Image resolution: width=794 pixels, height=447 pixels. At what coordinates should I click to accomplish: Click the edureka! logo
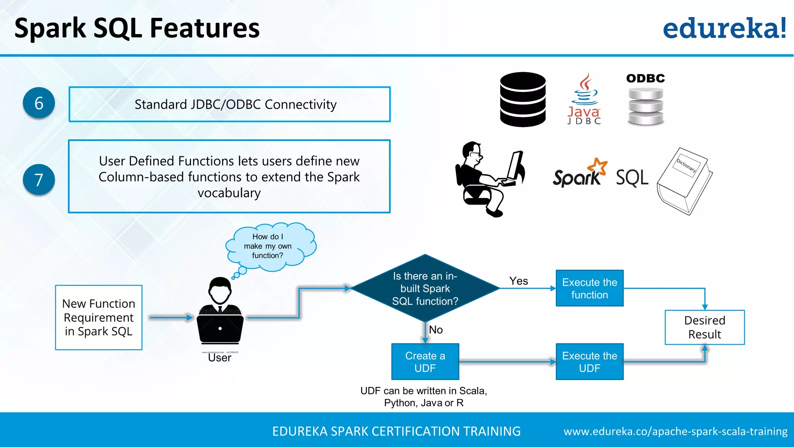[x=724, y=28]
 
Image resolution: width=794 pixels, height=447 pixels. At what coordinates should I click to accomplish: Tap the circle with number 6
[x=39, y=103]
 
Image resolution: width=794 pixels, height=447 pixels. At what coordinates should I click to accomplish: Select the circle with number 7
[x=39, y=180]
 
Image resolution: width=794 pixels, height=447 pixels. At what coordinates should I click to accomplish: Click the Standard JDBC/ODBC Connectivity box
[x=230, y=104]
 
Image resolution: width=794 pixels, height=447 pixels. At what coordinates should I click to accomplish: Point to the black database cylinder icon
[x=523, y=99]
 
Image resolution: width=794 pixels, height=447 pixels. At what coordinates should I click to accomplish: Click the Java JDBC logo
[x=584, y=100]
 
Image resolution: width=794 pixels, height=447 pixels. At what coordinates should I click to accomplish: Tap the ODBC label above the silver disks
[x=646, y=78]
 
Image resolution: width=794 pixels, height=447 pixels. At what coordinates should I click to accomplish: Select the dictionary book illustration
[x=685, y=181]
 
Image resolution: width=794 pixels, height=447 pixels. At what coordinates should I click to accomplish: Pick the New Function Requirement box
[x=99, y=317]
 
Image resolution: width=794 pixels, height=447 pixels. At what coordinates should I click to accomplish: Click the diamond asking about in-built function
[x=425, y=288]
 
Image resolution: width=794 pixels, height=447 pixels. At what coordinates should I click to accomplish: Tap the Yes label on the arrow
[x=518, y=281]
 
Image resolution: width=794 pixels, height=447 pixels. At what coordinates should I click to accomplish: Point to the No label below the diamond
[x=436, y=330]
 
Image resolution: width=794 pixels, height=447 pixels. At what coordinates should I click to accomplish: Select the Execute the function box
[x=589, y=288]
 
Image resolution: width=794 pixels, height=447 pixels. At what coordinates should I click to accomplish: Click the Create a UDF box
[x=425, y=362]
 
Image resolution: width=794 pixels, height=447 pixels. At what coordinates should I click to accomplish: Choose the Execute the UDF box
[x=589, y=362]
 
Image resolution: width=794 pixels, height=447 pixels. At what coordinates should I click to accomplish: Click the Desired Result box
[x=704, y=327]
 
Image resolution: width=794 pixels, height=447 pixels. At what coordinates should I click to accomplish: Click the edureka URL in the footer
[x=675, y=431]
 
